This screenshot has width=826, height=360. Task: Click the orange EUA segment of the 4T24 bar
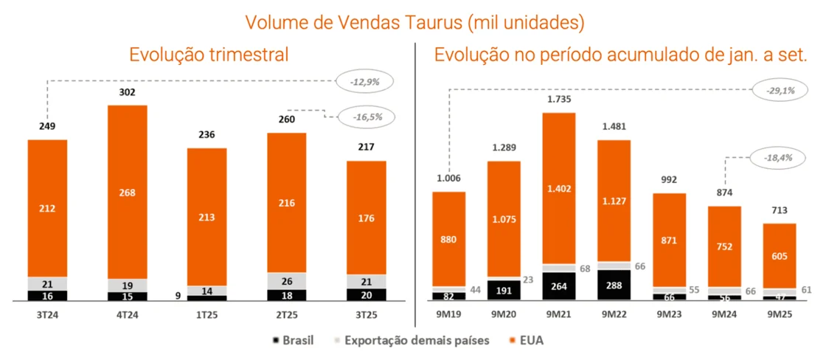click(x=128, y=192)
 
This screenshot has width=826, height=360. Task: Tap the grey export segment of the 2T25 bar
click(x=287, y=281)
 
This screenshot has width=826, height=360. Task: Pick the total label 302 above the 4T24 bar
click(x=128, y=93)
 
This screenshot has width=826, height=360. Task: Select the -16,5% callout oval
click(x=364, y=116)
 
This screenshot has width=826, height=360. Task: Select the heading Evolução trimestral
click(x=208, y=55)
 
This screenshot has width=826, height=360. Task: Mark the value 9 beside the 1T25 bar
click(x=177, y=296)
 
